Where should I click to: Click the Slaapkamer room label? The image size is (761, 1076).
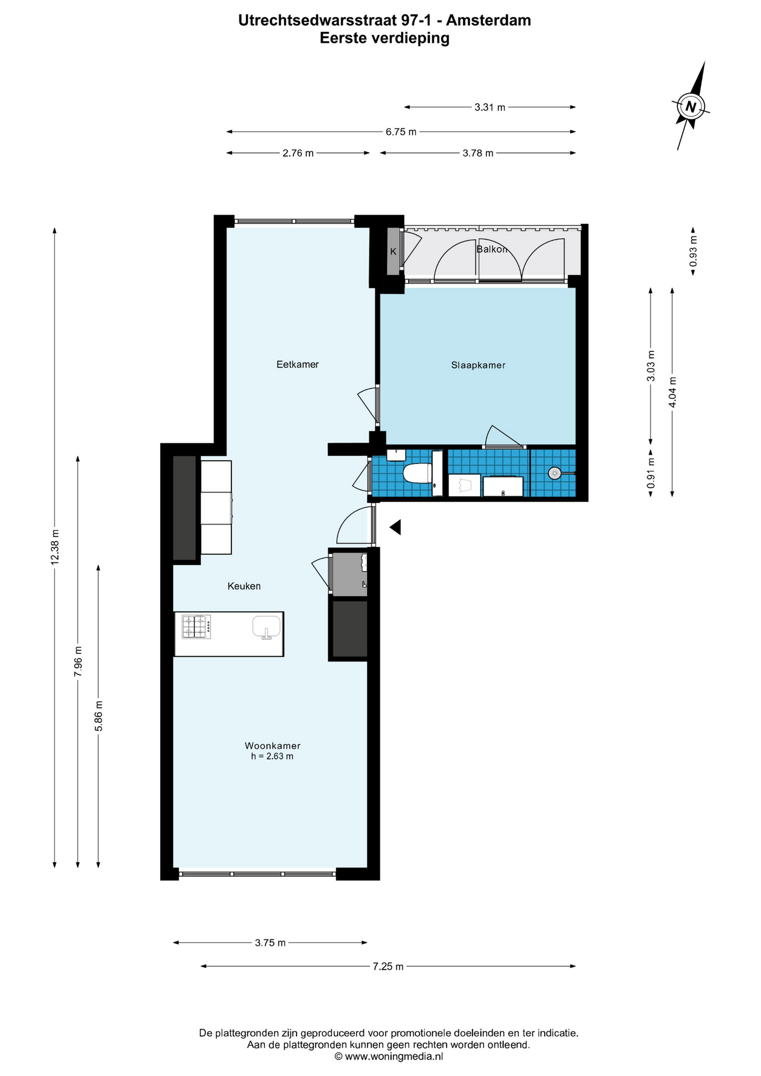(x=478, y=365)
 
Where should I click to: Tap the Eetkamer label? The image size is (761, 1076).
(x=298, y=364)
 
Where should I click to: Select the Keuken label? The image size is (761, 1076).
(x=244, y=586)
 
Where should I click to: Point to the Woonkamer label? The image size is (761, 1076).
(x=272, y=746)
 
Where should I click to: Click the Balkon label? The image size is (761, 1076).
(x=491, y=249)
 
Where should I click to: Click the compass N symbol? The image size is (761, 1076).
(x=691, y=106)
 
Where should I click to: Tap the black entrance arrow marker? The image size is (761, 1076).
(x=395, y=527)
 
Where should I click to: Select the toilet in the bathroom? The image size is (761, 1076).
(x=418, y=473)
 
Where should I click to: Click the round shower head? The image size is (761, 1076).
(x=554, y=473)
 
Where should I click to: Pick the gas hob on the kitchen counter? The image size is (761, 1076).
(x=196, y=627)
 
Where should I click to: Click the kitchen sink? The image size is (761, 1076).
(x=267, y=627)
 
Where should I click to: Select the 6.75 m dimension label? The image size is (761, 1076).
(x=401, y=132)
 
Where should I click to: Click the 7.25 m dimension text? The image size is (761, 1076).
(x=388, y=966)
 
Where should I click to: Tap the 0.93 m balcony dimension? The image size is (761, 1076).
(x=693, y=251)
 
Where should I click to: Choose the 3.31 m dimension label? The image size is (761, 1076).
(x=490, y=108)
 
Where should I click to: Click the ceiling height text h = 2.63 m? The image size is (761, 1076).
(x=272, y=756)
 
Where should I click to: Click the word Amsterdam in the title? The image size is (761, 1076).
(x=488, y=20)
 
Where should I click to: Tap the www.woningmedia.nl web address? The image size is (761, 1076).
(x=394, y=1056)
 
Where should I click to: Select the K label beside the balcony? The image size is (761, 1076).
(x=393, y=252)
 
